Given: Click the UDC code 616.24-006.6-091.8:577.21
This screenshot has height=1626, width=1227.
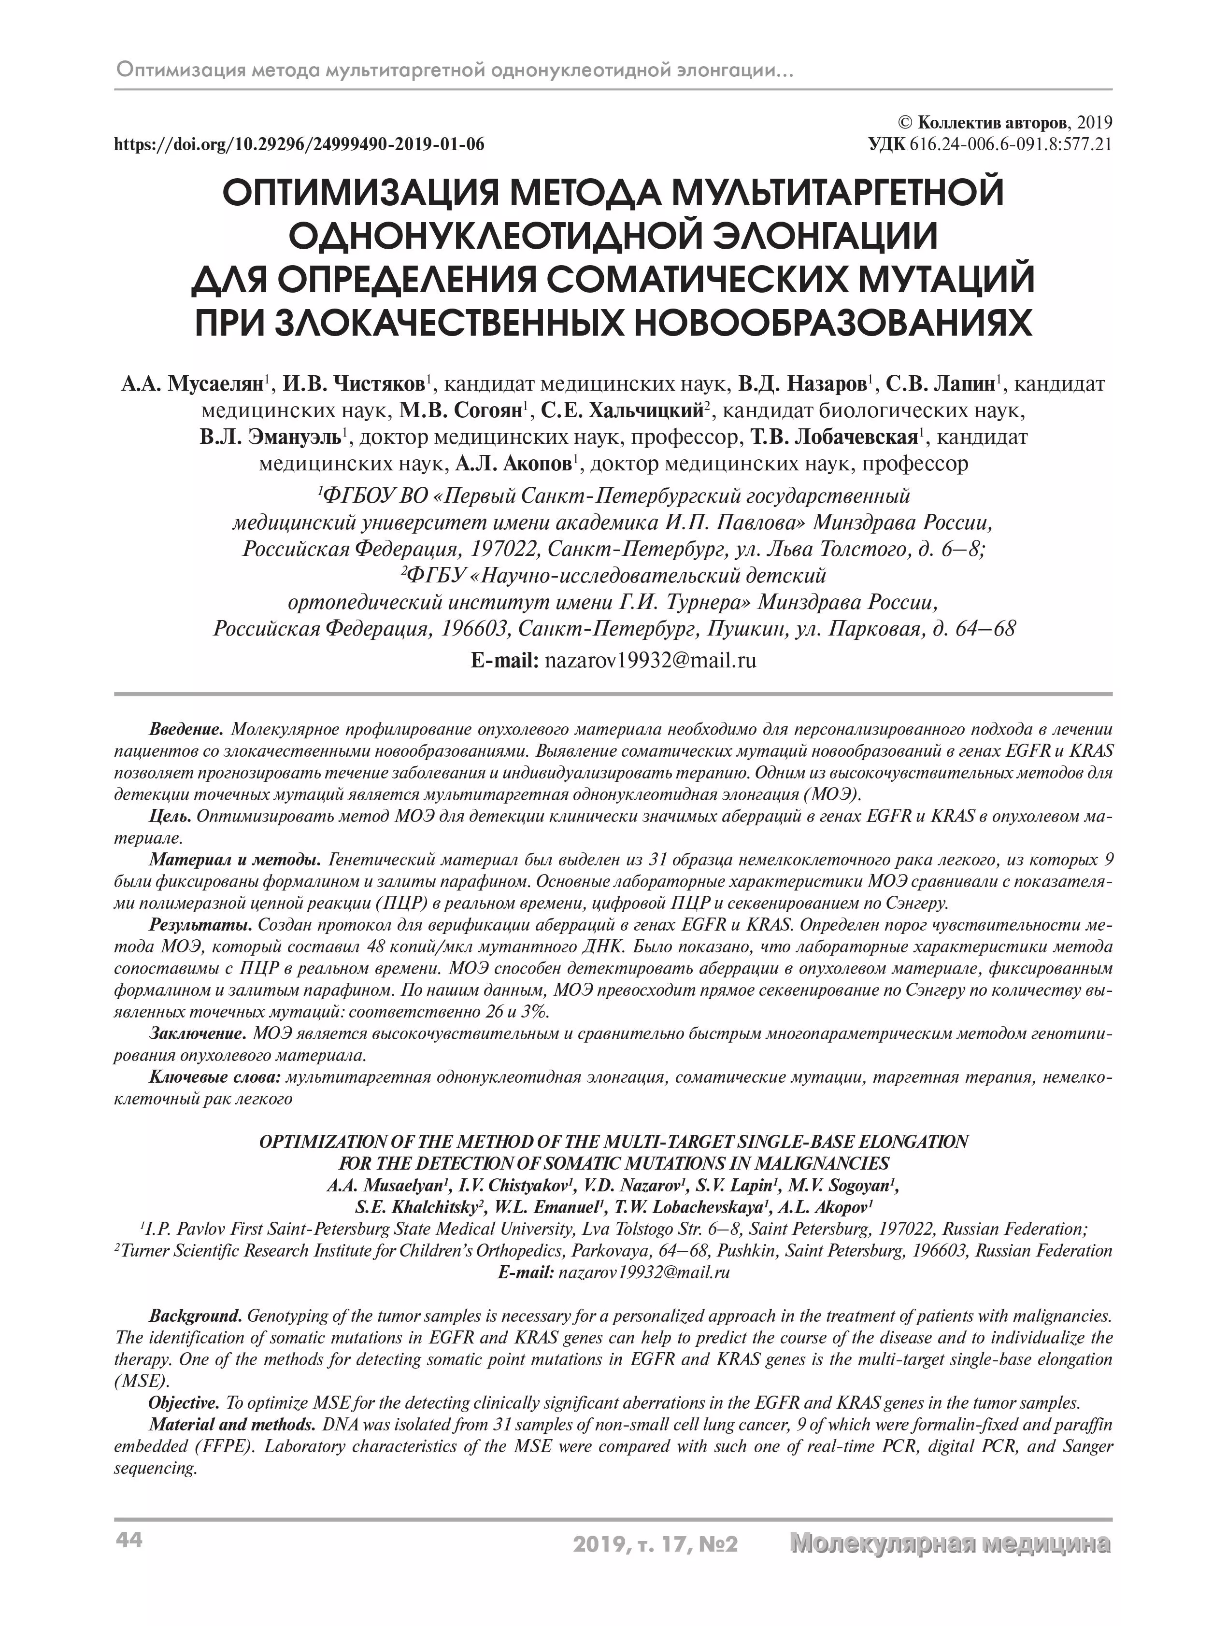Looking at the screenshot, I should click(1011, 144).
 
